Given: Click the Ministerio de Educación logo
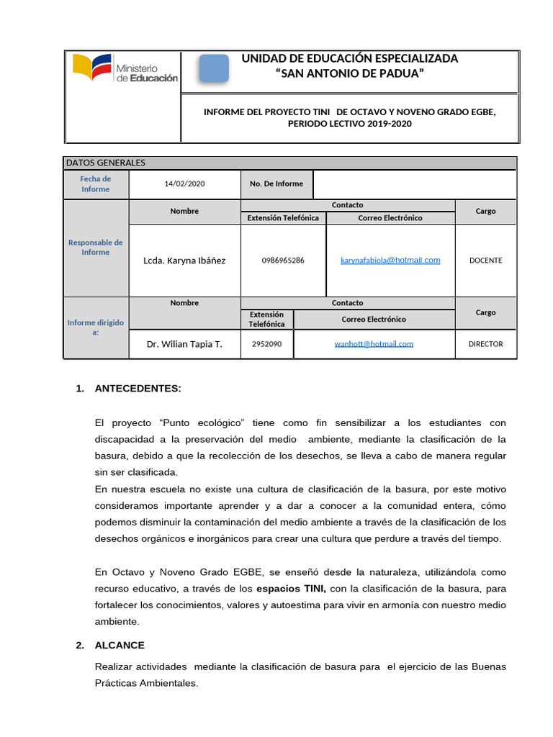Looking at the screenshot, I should pyautogui.click(x=125, y=69).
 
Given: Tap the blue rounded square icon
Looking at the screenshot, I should pyautogui.click(x=213, y=69).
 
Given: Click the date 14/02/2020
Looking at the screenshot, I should pyautogui.click(x=184, y=184).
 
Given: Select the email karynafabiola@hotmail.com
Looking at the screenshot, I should pyautogui.click(x=390, y=261).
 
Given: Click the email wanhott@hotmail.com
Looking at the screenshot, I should pyautogui.click(x=374, y=344).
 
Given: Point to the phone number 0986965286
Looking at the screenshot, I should pyautogui.click(x=283, y=261).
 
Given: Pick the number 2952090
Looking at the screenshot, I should pyautogui.click(x=267, y=344).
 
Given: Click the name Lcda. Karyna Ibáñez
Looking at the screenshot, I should pyautogui.click(x=184, y=261).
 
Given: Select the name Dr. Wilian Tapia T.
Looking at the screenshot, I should pyautogui.click(x=184, y=344).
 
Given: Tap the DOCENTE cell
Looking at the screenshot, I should pyautogui.click(x=485, y=261).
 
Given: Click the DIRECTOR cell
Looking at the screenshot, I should pyautogui.click(x=485, y=344).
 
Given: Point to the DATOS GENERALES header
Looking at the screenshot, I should pyautogui.click(x=106, y=163).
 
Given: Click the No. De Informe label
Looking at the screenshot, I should pyautogui.click(x=276, y=184).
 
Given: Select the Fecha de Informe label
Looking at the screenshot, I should pyautogui.click(x=96, y=184).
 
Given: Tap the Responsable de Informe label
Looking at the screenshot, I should pyautogui.click(x=96, y=248).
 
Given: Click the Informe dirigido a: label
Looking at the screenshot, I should pyautogui.click(x=96, y=327).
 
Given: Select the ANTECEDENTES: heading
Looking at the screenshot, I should pyautogui.click(x=138, y=389).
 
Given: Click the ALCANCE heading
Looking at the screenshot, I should pyautogui.click(x=120, y=646).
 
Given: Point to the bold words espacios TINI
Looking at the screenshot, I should pyautogui.click(x=291, y=589).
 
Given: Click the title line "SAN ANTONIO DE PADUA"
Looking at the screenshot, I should pyautogui.click(x=350, y=74).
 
